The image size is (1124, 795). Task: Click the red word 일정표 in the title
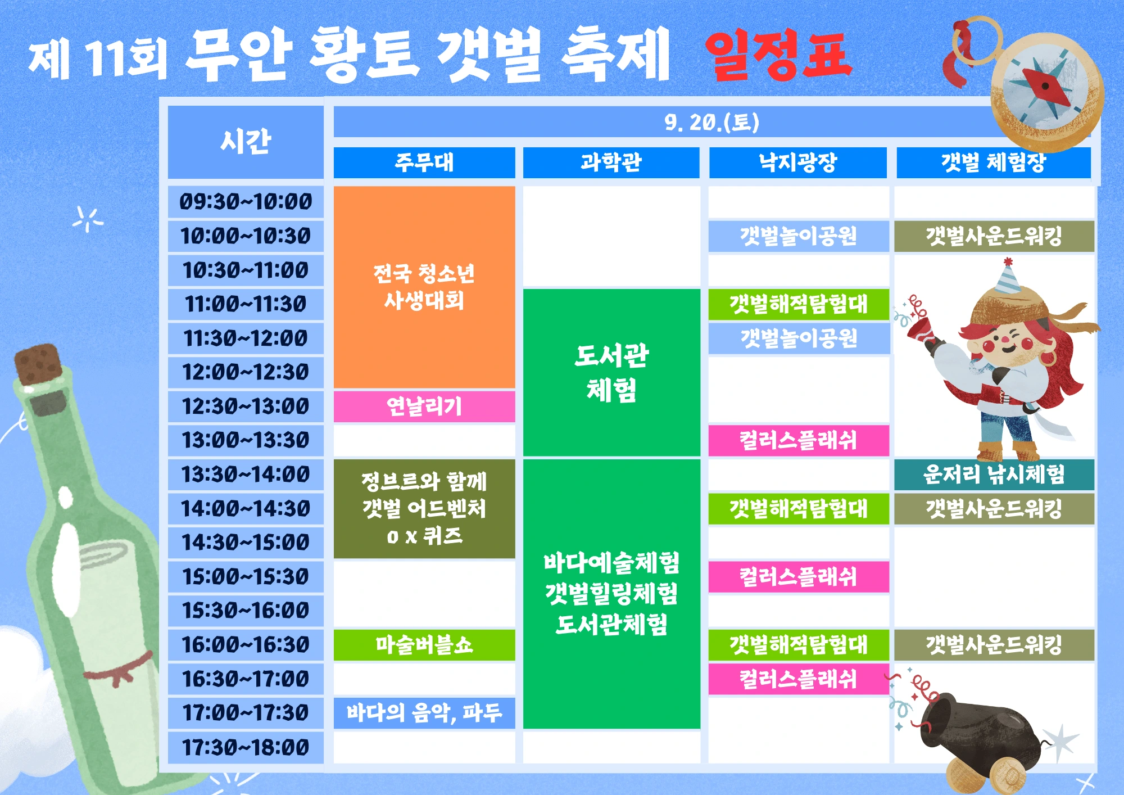pos(779,55)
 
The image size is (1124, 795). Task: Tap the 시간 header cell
pos(246,142)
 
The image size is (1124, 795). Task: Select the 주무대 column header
pos(424,162)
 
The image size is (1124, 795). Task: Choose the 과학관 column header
pos(611,162)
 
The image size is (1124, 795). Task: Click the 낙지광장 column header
pos(797,162)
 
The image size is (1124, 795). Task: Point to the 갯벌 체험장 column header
pos(992,163)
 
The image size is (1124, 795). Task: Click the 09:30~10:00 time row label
pos(246,202)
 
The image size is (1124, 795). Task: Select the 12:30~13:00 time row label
pos(246,406)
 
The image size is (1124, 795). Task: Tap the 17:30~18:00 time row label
pos(246,747)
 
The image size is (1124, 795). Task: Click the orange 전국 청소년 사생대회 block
pos(424,287)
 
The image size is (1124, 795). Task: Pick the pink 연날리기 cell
pos(424,406)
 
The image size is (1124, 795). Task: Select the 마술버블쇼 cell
pos(424,644)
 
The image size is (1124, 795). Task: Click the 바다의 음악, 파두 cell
pos(424,713)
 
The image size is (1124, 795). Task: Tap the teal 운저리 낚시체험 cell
pos(994,475)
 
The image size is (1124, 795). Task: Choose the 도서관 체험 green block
pos(611,372)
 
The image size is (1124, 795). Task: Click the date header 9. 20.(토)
pos(711,122)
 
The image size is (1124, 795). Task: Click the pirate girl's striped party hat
pos(1007,278)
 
